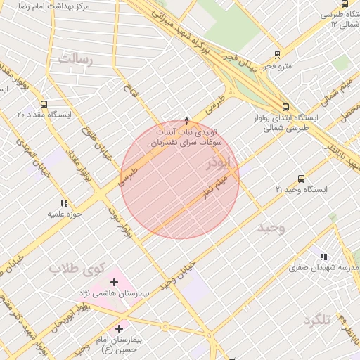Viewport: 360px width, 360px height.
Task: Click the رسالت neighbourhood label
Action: coord(75,59)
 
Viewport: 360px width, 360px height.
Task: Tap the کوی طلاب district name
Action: coord(76,268)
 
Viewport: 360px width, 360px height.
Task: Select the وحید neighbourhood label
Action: coord(271,229)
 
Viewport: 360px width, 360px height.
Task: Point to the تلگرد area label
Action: coord(317,321)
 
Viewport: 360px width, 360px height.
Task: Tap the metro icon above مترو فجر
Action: coord(277,54)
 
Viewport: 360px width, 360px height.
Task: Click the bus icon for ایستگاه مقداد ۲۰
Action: coord(44,103)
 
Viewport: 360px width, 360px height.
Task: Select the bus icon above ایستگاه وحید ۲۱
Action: coord(301,179)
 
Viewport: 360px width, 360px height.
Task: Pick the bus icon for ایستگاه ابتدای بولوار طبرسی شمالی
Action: coord(284,108)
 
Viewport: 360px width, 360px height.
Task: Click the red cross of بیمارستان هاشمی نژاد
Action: coord(114,282)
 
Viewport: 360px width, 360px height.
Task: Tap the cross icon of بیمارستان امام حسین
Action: coord(118,328)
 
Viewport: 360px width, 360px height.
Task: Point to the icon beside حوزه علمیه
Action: coord(64,203)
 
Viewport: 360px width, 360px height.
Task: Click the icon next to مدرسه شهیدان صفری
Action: coord(323,257)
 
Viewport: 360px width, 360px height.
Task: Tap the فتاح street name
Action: coord(129,90)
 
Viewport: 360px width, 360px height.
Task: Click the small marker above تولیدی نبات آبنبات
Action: coord(186,120)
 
